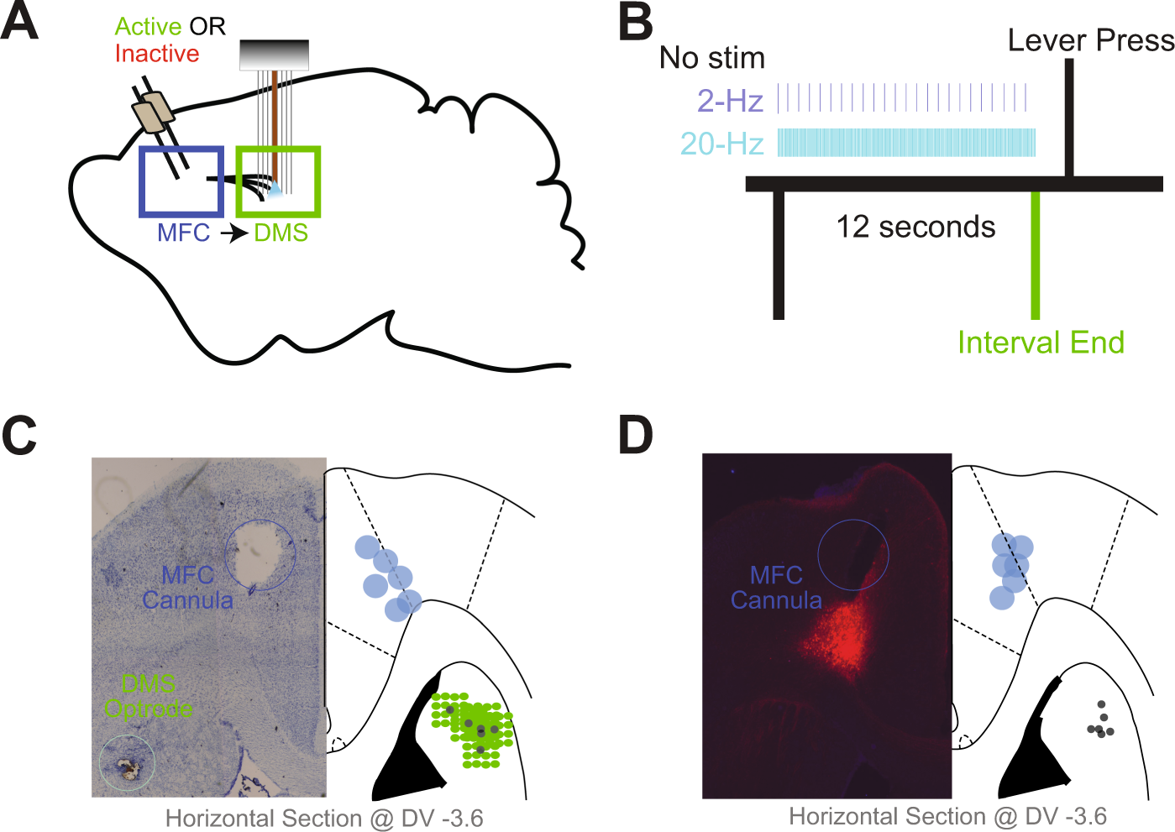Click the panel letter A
click(19, 22)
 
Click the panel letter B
click(636, 22)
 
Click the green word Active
click(149, 27)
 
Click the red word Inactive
click(157, 54)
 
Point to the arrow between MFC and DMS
click(233, 233)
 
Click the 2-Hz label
click(730, 101)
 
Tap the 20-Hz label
click(721, 144)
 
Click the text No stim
click(712, 58)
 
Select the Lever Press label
click(1090, 40)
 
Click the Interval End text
click(1041, 343)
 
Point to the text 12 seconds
click(915, 227)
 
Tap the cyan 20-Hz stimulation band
click(905, 143)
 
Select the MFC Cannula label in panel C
click(187, 588)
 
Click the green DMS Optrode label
click(149, 696)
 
